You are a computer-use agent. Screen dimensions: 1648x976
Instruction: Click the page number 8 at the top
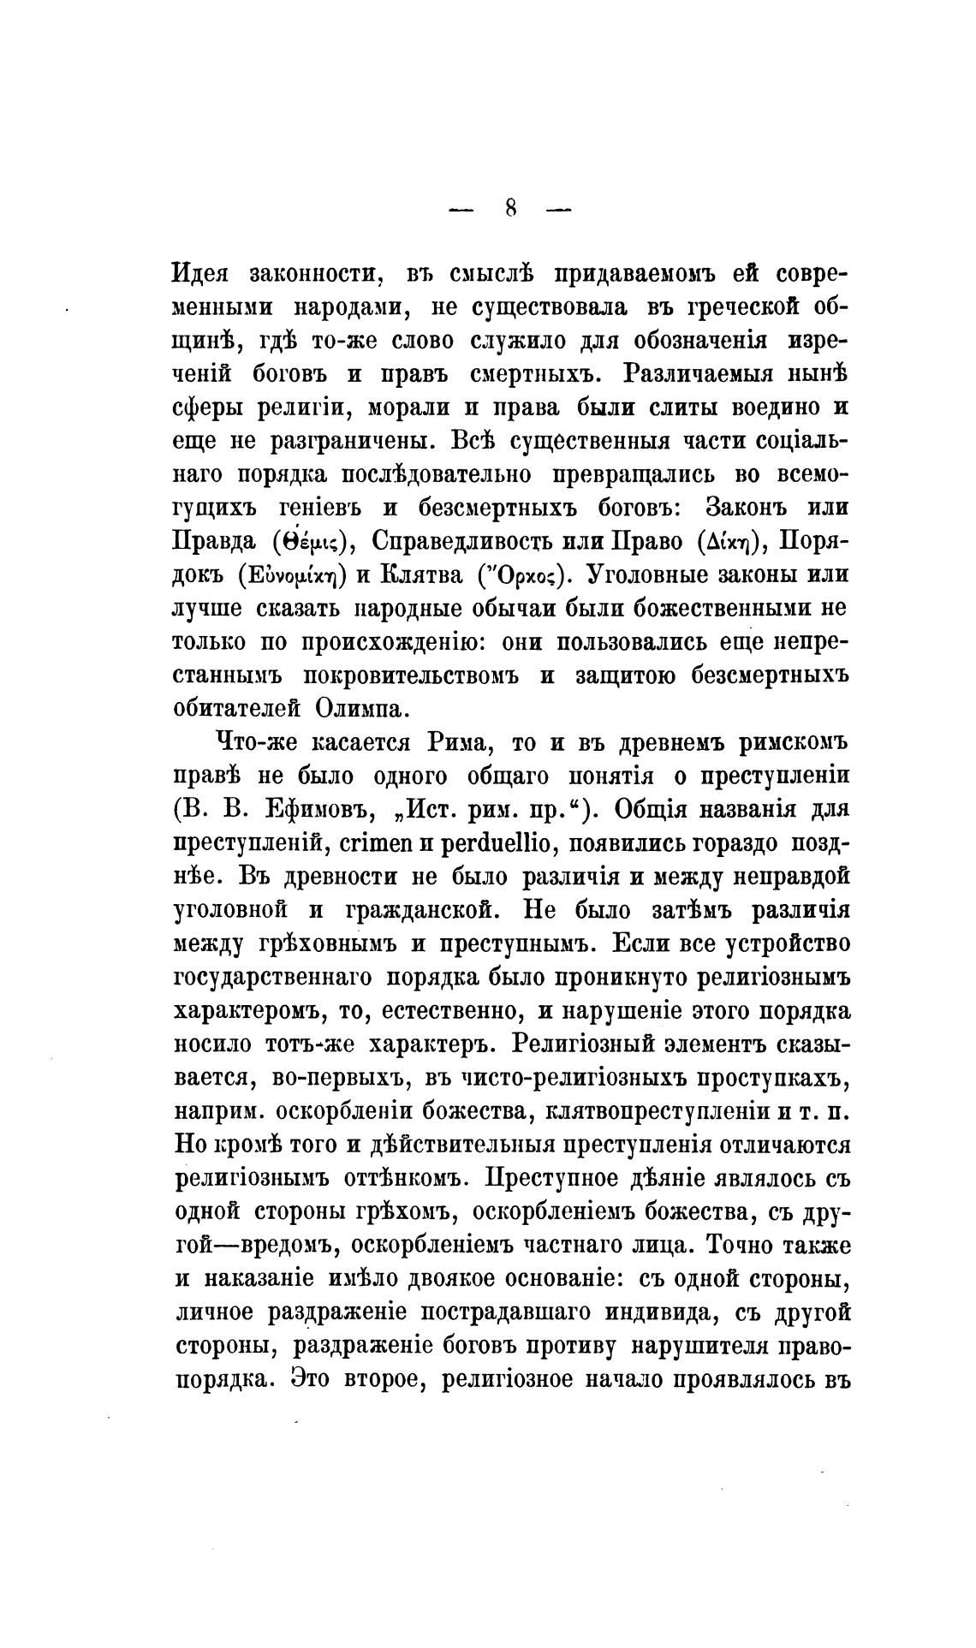tap(510, 209)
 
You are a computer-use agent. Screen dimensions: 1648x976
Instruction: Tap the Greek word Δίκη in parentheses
tap(728, 542)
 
